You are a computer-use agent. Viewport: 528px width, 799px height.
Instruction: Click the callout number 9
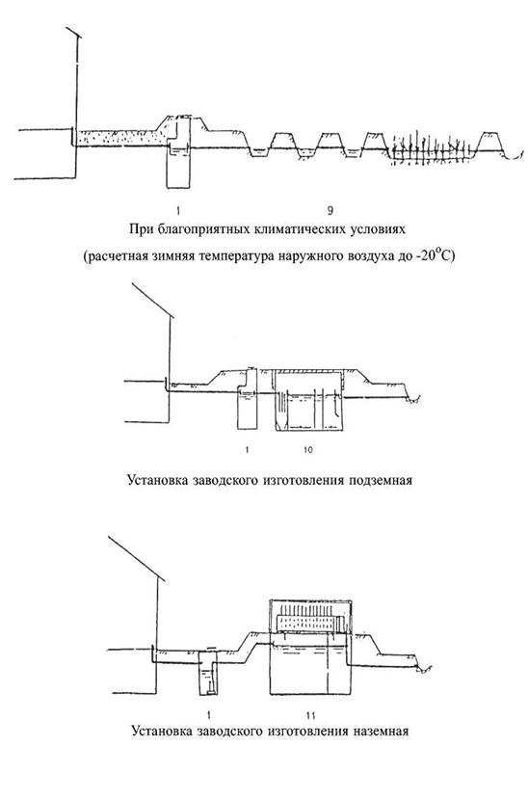pos(330,210)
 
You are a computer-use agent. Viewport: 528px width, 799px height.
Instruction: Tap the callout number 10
pos(308,450)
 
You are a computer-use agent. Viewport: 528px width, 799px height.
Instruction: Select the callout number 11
pos(311,716)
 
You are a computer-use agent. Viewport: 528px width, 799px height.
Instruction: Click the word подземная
pos(381,481)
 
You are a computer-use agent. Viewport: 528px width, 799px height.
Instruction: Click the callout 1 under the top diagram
pos(178,210)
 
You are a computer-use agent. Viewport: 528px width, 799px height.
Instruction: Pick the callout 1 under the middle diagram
pos(247,450)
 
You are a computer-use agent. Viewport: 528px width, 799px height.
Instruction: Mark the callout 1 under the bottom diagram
pos(209,716)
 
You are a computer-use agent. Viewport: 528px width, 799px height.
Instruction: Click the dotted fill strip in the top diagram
pos(119,138)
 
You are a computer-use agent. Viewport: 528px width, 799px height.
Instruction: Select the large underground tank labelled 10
pos(309,401)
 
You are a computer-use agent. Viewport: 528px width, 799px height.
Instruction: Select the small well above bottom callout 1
pos(208,672)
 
